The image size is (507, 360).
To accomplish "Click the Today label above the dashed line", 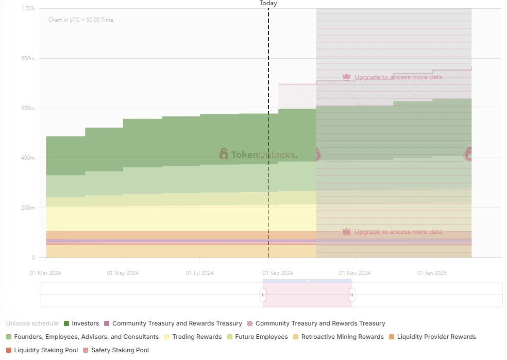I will point(268,3).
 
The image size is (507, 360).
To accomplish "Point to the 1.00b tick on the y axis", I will point(28,9).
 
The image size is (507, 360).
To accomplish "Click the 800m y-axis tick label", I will point(28,59).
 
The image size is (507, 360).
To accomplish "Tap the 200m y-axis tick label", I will point(28,208).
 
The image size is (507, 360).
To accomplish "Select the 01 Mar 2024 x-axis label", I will point(45,273).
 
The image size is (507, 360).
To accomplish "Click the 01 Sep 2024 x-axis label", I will point(278,273).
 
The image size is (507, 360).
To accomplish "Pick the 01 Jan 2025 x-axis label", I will point(432,273).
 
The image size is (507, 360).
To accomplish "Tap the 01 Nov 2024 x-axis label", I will point(354,273).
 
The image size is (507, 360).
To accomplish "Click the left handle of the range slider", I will point(263,295).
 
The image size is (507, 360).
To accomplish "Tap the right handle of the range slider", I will point(352,295).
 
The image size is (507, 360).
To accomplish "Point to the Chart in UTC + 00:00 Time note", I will point(81,20).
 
